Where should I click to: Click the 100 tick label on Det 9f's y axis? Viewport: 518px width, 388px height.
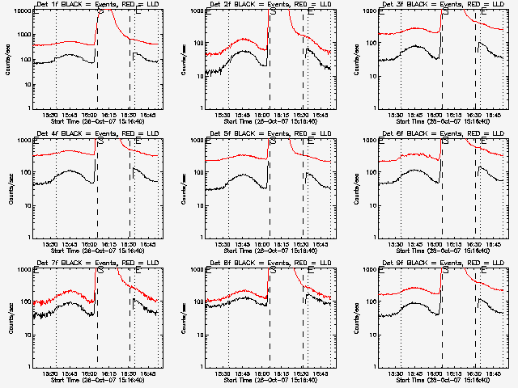coord(370,302)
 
